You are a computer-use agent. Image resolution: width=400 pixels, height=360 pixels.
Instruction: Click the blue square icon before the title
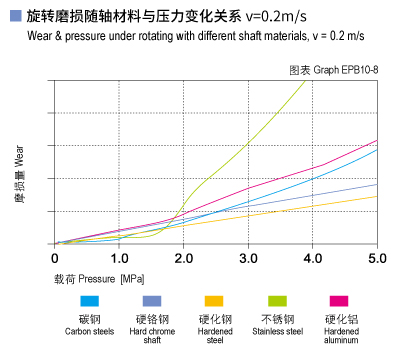(x=12, y=17)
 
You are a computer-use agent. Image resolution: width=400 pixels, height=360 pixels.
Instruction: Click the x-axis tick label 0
(x=55, y=258)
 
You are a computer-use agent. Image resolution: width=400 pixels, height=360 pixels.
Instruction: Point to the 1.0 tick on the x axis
(x=118, y=258)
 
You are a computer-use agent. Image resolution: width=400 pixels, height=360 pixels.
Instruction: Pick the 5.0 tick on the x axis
(x=376, y=258)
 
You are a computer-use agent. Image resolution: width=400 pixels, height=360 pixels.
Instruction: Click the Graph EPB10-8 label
(x=332, y=69)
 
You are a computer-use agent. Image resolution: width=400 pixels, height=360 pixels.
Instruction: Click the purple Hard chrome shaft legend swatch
(x=152, y=301)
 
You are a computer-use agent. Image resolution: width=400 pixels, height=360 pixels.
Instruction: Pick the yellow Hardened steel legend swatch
(x=213, y=301)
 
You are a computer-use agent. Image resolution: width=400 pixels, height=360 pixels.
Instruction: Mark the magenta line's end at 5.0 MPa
(x=377, y=140)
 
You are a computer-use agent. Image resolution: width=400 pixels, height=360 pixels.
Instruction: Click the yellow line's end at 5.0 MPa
(x=377, y=196)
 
